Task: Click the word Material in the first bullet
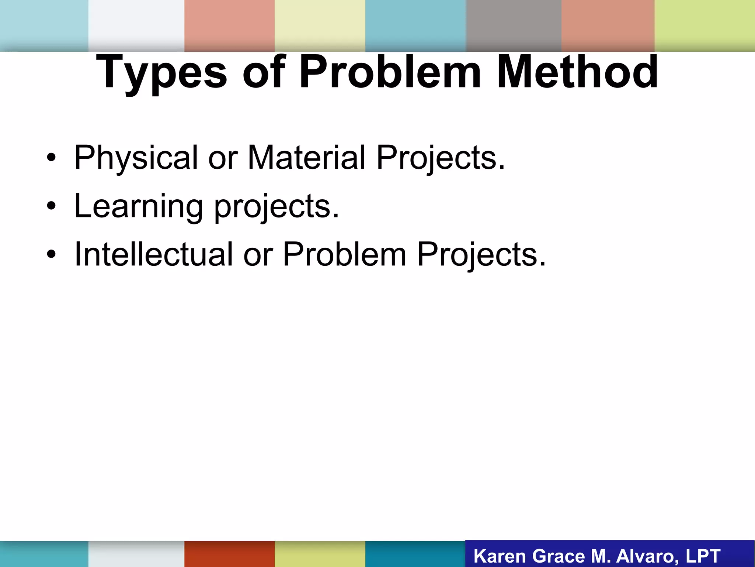[306, 158]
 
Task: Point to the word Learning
[139, 206]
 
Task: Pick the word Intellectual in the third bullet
[153, 254]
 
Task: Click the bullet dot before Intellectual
[51, 255]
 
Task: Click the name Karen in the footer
[499, 556]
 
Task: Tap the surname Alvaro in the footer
[647, 556]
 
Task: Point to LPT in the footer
[703, 556]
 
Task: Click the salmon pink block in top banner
[229, 25]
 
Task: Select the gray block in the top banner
[514, 25]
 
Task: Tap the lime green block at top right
[704, 25]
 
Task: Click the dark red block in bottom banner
[229, 554]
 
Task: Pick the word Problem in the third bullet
[344, 254]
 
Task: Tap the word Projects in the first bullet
[440, 158]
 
